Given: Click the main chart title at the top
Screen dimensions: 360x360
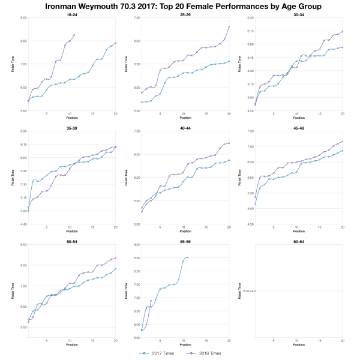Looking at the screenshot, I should click(180, 6).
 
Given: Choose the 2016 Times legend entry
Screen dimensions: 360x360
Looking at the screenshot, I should click(205, 353).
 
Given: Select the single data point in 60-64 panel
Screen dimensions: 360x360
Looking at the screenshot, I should click(256, 291).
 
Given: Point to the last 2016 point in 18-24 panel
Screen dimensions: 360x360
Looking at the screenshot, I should click(74, 35).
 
